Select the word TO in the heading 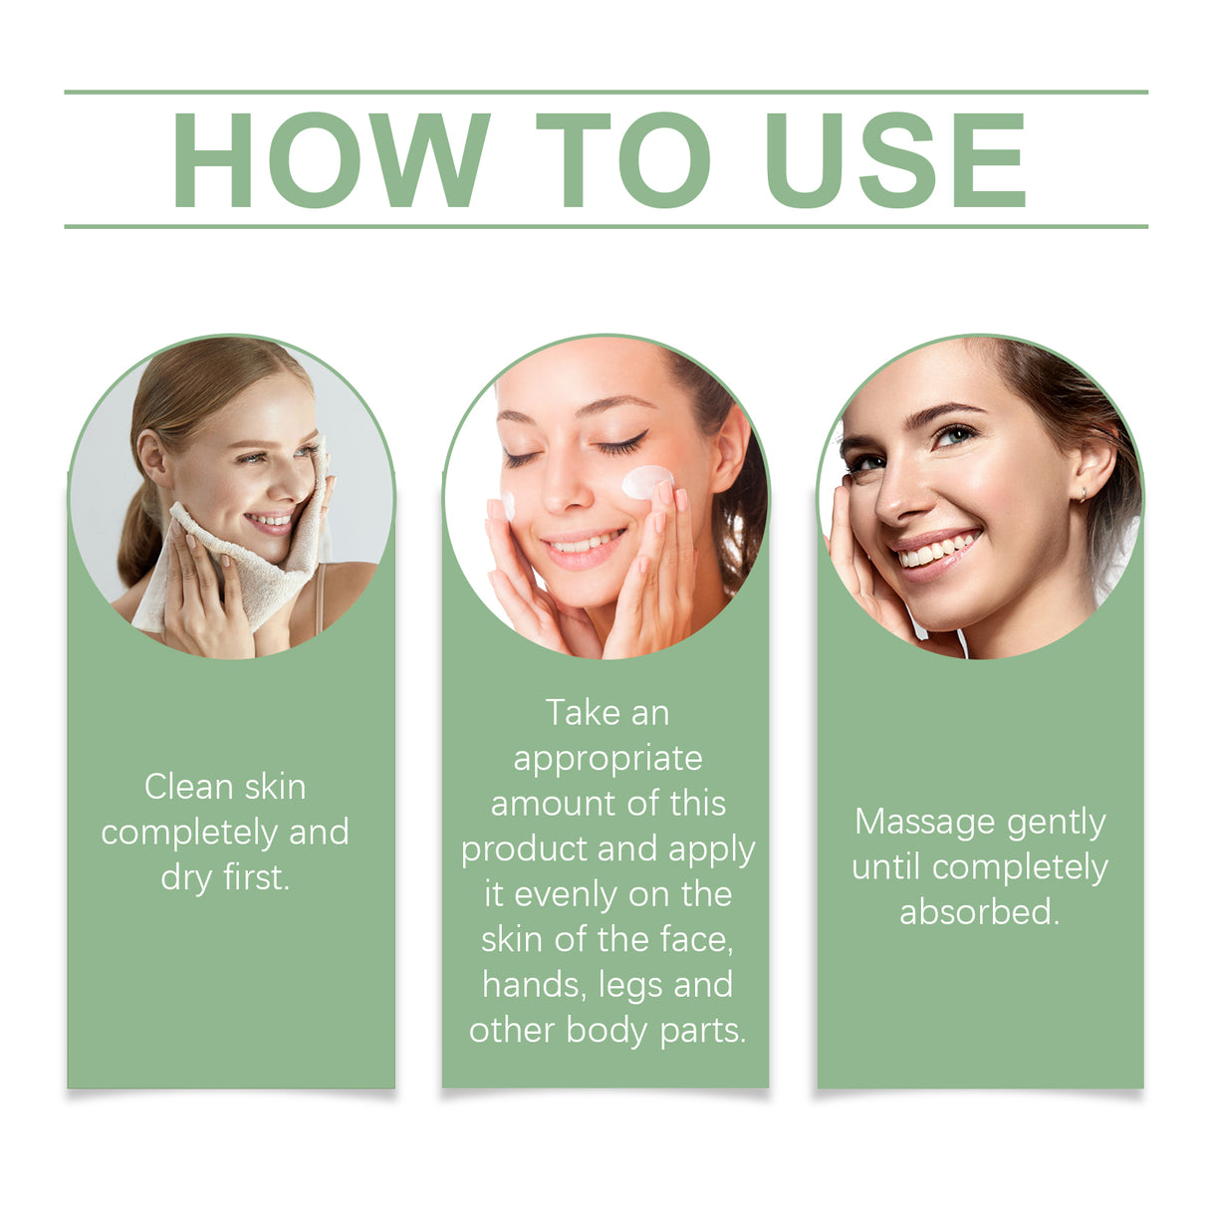[x=622, y=159]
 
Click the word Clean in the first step [x=188, y=787]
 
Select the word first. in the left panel [x=256, y=877]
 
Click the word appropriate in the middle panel [x=607, y=759]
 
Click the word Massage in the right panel [x=925, y=822]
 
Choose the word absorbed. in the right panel [x=980, y=912]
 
